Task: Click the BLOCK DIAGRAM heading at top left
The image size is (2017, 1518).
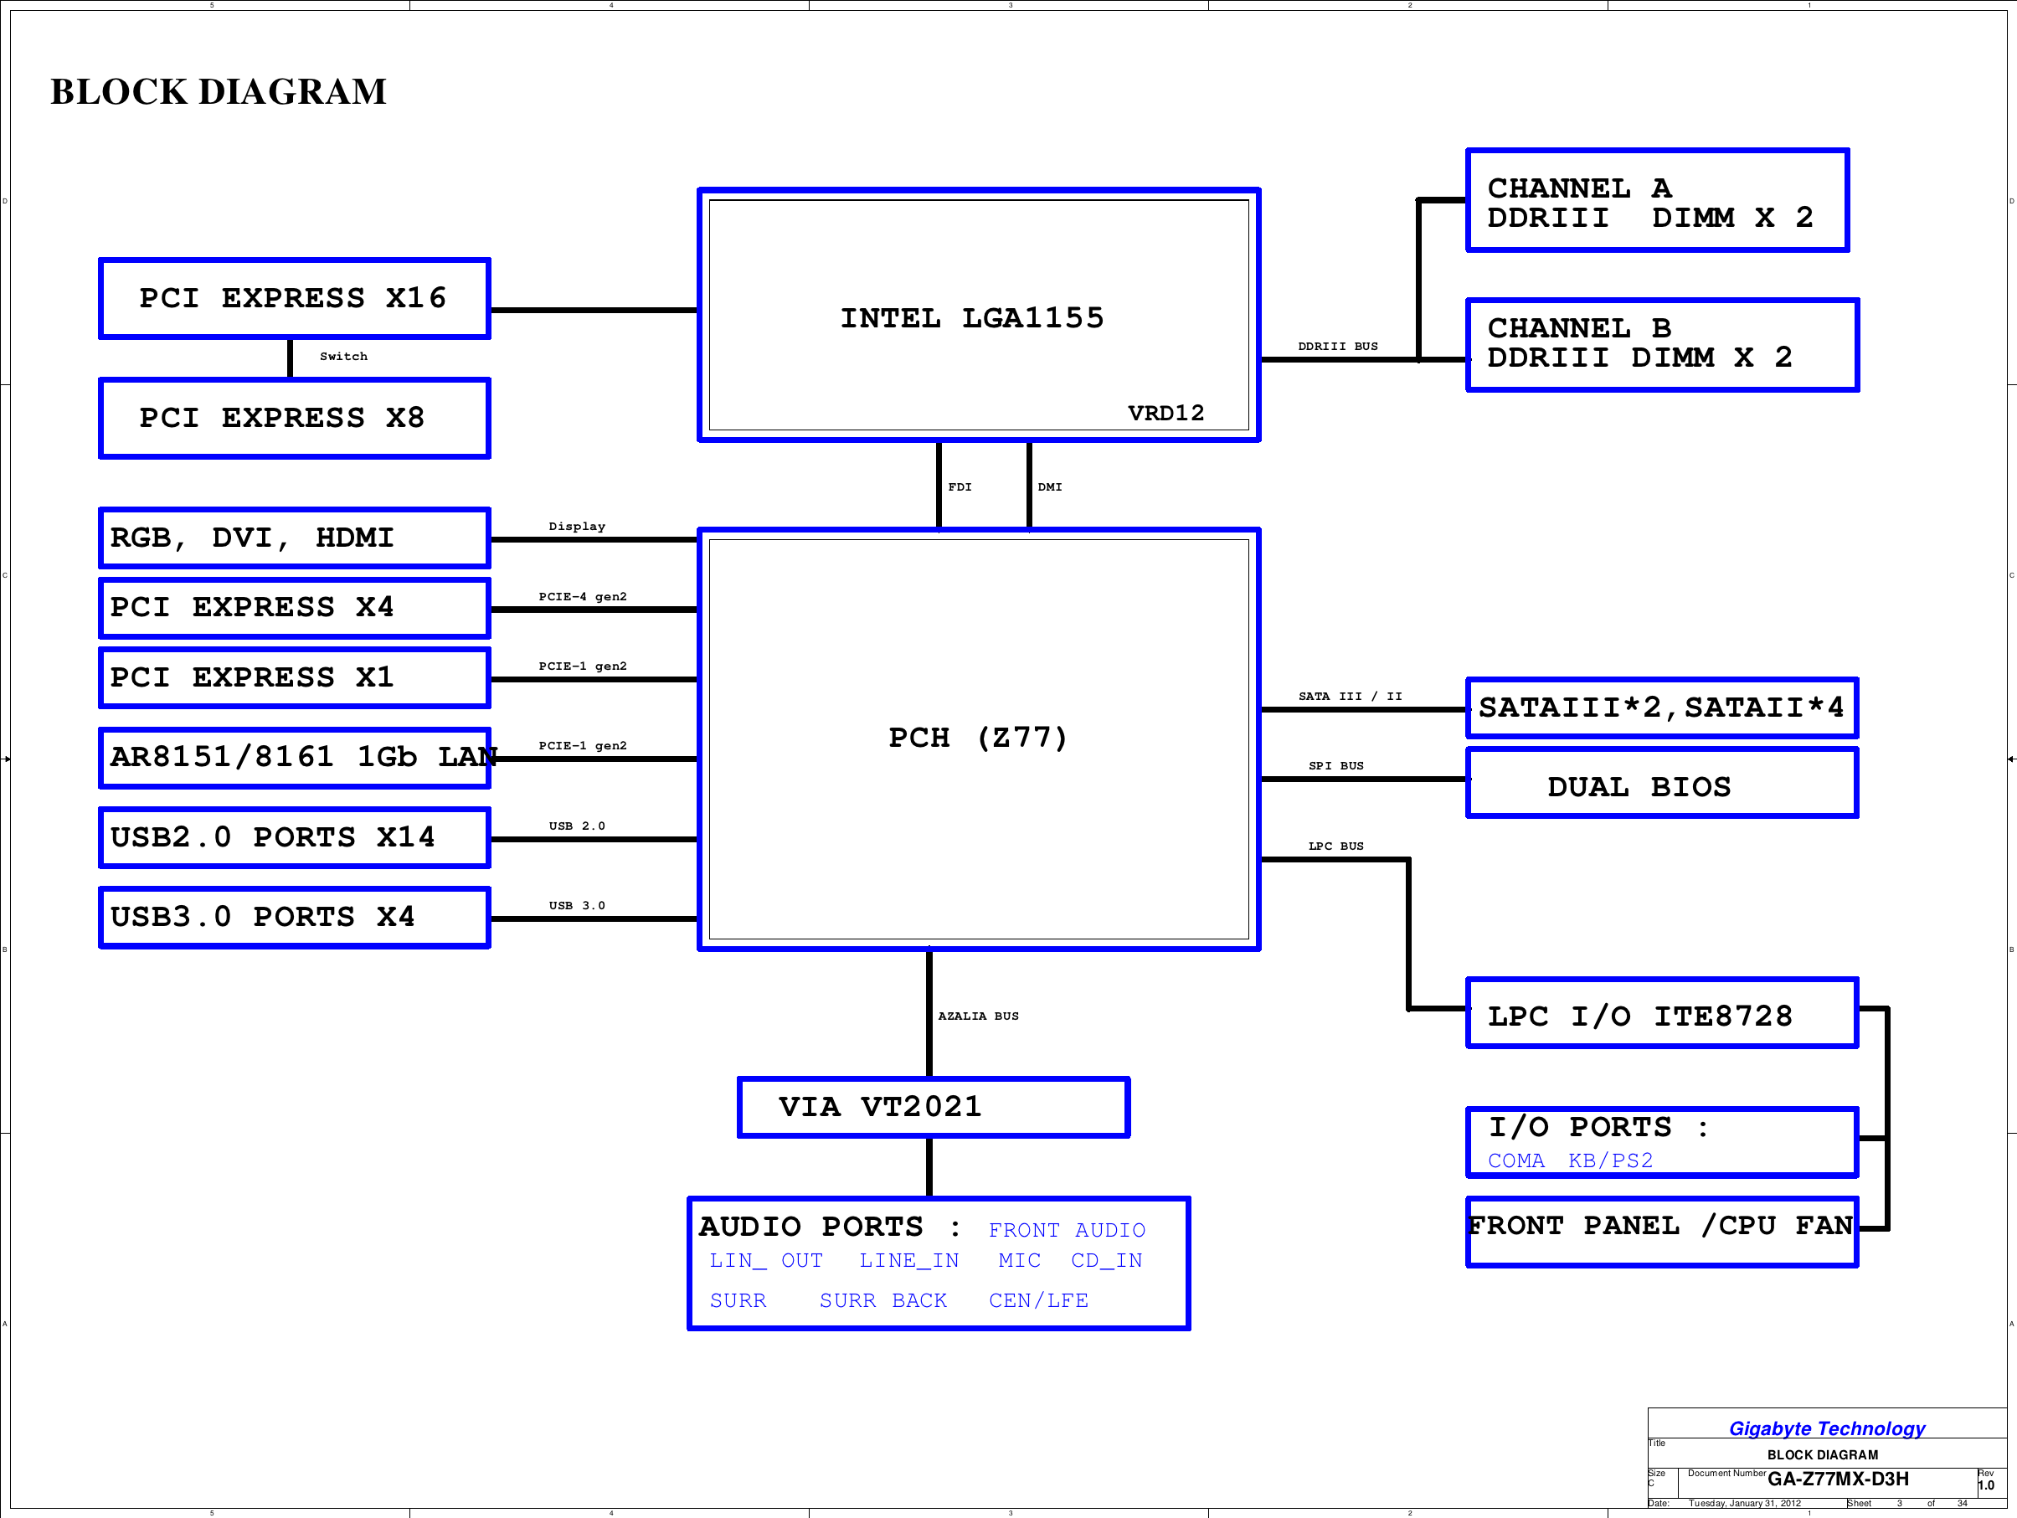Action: pyautogui.click(x=218, y=91)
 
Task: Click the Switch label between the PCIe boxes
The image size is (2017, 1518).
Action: pyautogui.click(x=344, y=357)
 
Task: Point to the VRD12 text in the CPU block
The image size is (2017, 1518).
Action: pyautogui.click(x=1165, y=413)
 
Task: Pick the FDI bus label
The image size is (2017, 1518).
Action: pyautogui.click(x=960, y=486)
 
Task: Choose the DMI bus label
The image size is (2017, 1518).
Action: pyautogui.click(x=1050, y=486)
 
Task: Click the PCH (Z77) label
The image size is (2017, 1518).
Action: pyautogui.click(x=977, y=737)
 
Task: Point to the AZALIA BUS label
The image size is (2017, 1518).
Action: pyautogui.click(x=979, y=1016)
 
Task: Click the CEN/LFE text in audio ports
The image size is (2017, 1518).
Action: pyautogui.click(x=1038, y=1300)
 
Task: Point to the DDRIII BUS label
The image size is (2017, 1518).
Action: pyautogui.click(x=1338, y=347)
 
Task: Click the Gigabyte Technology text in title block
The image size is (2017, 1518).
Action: pyautogui.click(x=1826, y=1428)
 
